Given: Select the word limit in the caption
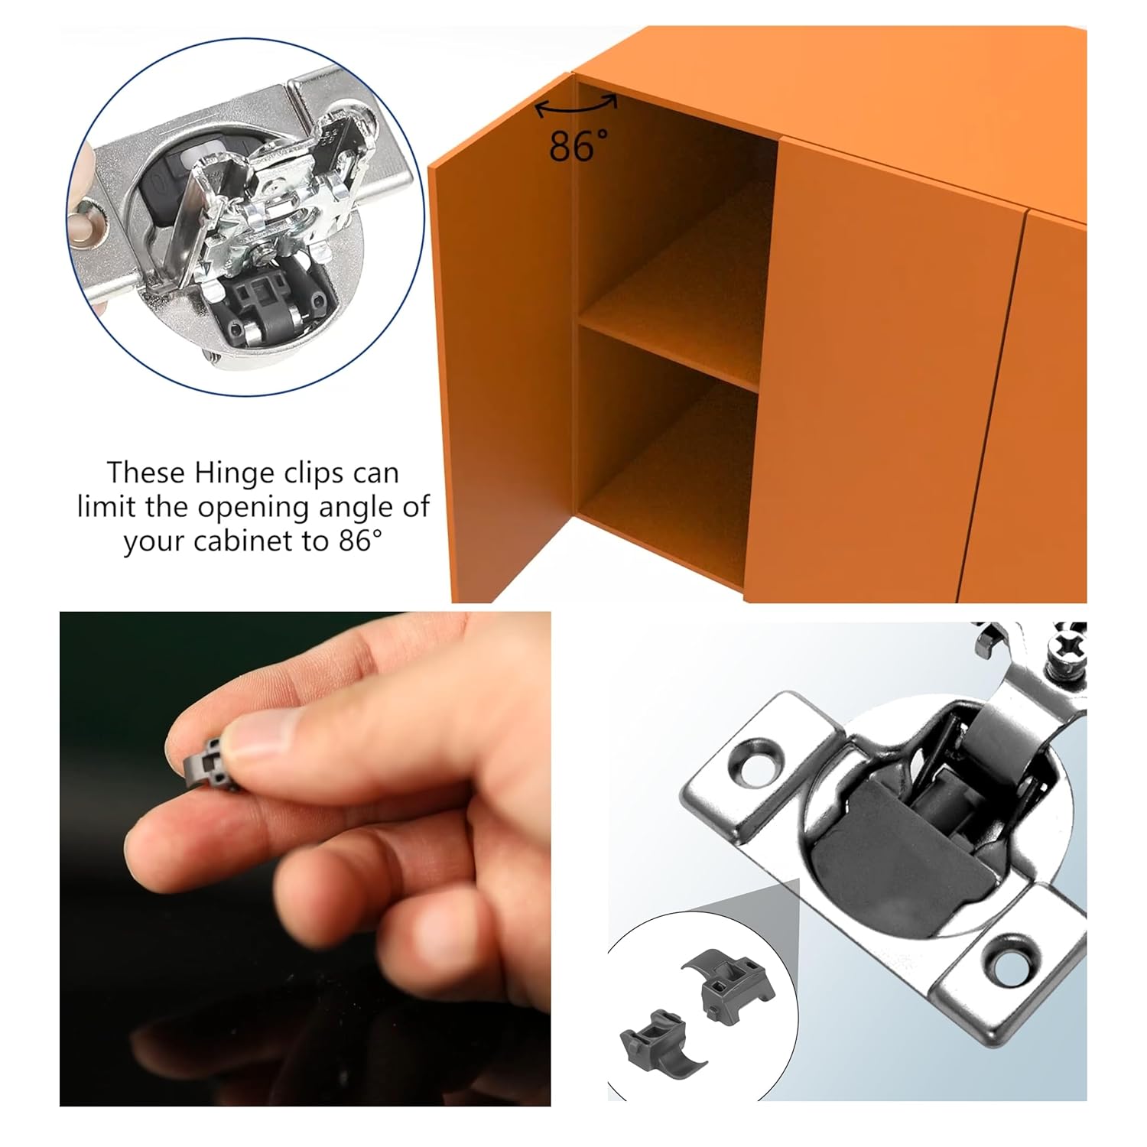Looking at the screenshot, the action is click(106, 507).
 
